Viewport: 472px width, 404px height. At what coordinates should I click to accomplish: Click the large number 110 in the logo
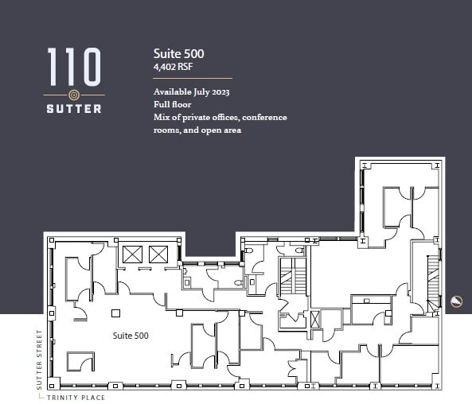tap(73, 67)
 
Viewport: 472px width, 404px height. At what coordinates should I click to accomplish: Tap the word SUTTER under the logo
tap(73, 108)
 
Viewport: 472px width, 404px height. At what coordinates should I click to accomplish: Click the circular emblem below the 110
tap(73, 95)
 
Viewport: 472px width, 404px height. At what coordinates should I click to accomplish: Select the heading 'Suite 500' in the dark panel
tap(179, 53)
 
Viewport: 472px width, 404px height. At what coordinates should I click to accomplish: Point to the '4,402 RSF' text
tap(173, 67)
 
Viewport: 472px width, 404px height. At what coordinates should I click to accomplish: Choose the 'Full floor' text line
tap(171, 104)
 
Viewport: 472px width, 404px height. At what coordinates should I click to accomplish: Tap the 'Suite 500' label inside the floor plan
tap(130, 336)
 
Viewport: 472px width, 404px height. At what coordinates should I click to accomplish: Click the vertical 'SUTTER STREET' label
tap(37, 359)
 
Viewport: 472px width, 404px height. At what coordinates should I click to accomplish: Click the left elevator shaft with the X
tap(132, 255)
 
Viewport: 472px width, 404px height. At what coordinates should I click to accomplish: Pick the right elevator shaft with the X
tap(158, 255)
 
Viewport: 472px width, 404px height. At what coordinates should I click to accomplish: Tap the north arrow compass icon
tap(456, 300)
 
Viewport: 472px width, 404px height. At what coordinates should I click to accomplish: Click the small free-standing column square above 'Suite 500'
tap(116, 313)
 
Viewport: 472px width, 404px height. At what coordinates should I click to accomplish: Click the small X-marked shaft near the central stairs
tap(315, 320)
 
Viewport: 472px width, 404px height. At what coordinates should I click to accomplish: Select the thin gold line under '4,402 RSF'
tap(193, 78)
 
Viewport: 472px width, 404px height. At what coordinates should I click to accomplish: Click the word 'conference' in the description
tap(265, 118)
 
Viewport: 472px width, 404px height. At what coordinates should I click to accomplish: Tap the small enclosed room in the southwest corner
tap(80, 362)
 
